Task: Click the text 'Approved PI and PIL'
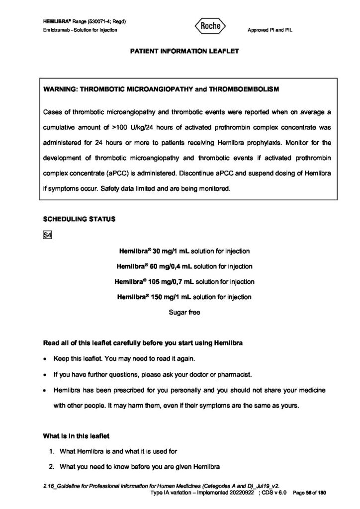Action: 270,30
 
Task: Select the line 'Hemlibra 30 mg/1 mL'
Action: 183,251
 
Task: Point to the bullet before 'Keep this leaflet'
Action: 46,359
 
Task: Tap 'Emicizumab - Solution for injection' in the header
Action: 80,30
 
